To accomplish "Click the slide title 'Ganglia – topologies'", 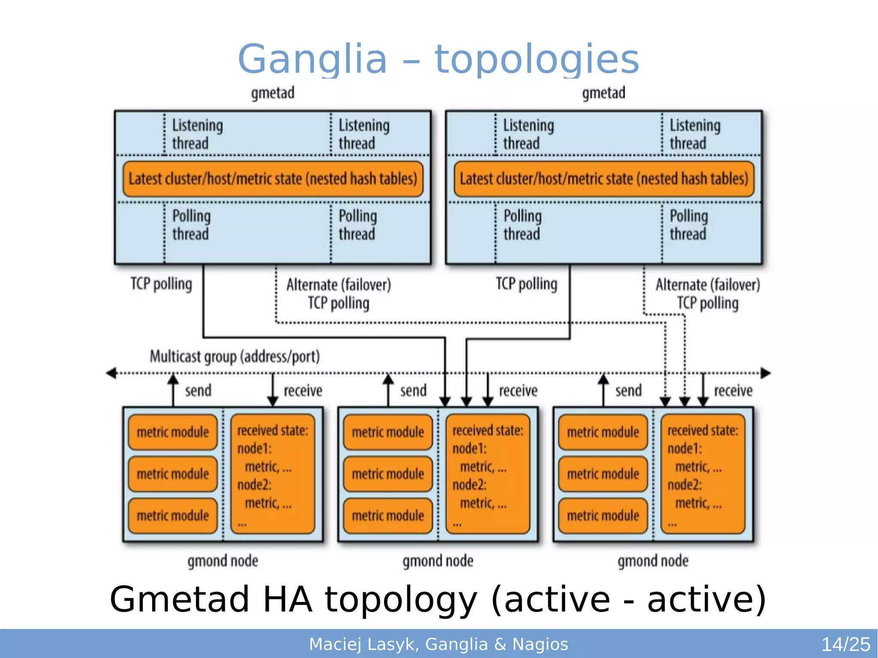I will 438,59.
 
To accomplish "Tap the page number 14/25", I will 845,644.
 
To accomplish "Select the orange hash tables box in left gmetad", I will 273,179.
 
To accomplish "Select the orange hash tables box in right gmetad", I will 604,179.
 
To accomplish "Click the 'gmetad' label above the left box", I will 273,93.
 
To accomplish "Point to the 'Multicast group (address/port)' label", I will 235,357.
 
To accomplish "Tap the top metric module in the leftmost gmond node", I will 173,432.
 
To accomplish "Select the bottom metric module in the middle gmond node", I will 388,516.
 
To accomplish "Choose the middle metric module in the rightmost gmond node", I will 603,474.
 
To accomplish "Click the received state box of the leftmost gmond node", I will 273,474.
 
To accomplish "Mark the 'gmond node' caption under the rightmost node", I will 653,561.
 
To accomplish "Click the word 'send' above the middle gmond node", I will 413,391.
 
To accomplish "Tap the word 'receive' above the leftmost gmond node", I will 303,391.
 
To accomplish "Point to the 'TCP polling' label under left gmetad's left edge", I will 161,284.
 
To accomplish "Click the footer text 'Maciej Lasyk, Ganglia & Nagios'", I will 438,644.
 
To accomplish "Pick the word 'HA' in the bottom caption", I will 287,599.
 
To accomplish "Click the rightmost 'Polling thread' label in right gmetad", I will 689,225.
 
